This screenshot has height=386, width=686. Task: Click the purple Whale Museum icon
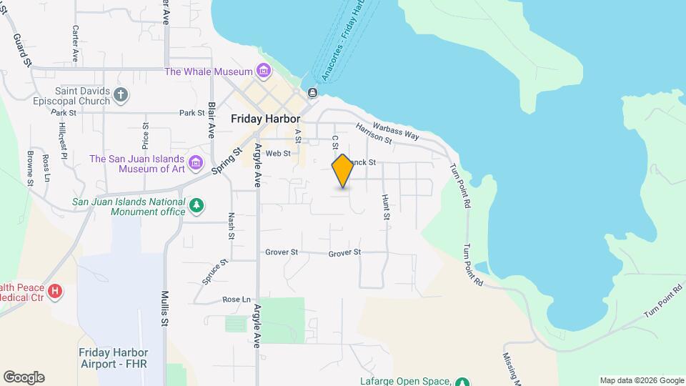point(264,71)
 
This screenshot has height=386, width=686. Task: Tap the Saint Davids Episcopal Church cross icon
point(121,94)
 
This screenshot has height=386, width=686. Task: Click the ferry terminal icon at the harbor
point(312,93)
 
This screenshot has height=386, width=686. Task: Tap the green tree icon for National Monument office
point(197,207)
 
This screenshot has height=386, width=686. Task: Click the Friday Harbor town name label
point(265,119)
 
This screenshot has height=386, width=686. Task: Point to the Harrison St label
point(374,134)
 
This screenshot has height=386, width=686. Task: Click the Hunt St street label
point(386,207)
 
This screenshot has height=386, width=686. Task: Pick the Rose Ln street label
point(237,300)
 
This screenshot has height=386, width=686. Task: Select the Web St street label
point(278,153)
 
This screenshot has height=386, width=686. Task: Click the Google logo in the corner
point(24,377)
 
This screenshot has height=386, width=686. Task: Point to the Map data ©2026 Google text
point(641,380)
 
